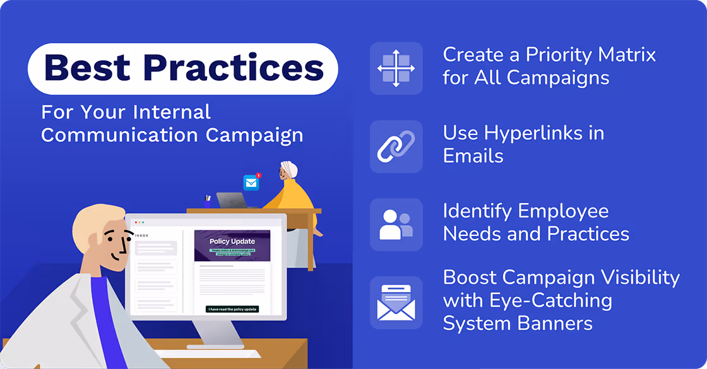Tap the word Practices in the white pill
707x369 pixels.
(233, 68)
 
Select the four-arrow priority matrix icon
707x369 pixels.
(396, 68)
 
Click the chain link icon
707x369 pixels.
(396, 146)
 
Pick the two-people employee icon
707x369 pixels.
(396, 225)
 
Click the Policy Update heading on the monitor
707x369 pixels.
(233, 241)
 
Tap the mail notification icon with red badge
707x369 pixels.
(252, 182)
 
